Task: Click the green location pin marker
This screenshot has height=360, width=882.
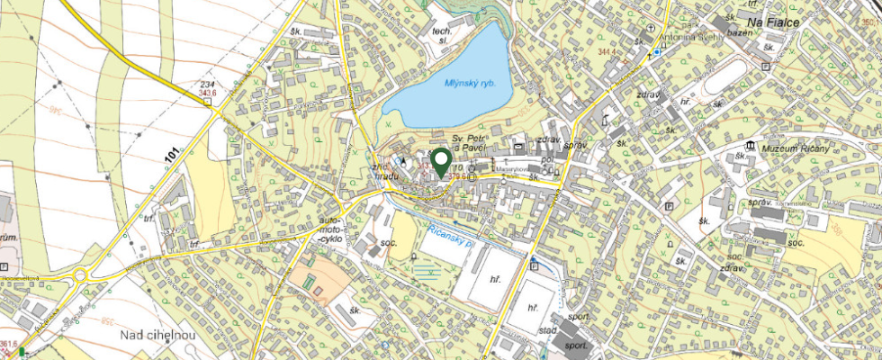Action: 441,161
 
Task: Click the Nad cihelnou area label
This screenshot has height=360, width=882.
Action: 158,336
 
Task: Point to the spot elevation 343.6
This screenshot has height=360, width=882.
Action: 209,93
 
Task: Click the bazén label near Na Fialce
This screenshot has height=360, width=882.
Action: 740,31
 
